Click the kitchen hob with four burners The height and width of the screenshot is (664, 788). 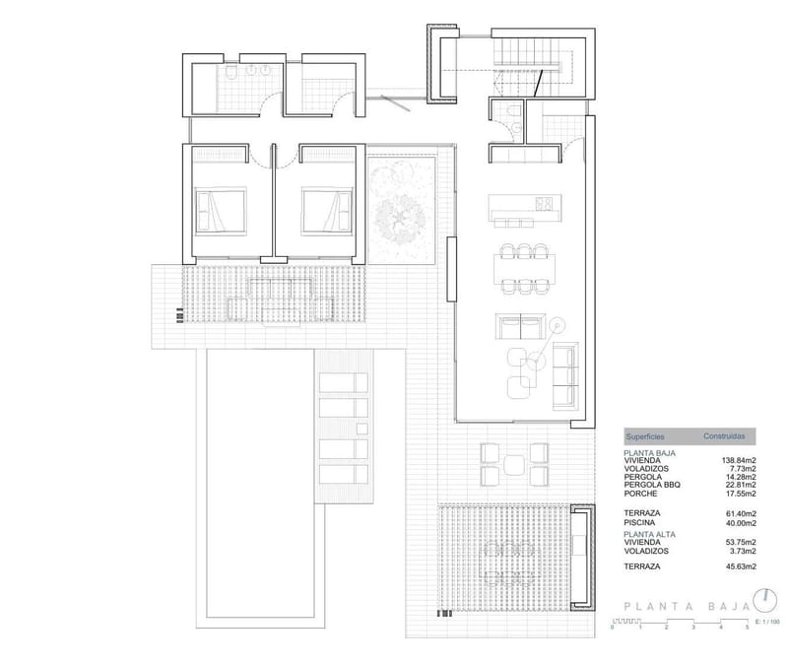click(543, 204)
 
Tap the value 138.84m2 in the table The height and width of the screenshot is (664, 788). click(737, 460)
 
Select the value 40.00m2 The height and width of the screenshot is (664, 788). click(739, 522)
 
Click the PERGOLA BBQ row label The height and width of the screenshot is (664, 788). click(651, 484)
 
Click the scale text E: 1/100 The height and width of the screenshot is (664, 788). click(766, 622)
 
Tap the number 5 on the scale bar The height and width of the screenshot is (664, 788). click(747, 628)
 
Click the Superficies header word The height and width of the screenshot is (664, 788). click(645, 434)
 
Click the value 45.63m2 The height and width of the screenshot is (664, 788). click(739, 567)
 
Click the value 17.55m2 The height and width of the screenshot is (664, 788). click(739, 492)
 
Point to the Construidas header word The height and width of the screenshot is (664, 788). click(730, 434)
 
